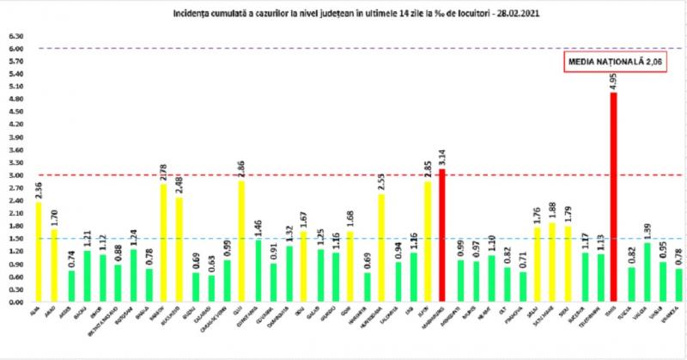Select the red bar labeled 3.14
pyautogui.click(x=442, y=235)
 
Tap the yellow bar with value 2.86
pyautogui.click(x=241, y=241)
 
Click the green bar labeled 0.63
pyautogui.click(x=210, y=289)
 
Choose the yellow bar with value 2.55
pyautogui.click(x=380, y=248)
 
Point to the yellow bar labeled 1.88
pyautogui.click(x=551, y=262)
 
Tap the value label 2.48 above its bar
pyautogui.click(x=179, y=183)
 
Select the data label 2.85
pyautogui.click(x=427, y=167)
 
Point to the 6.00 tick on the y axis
pyautogui.click(x=15, y=49)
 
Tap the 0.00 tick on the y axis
pyautogui.click(x=15, y=302)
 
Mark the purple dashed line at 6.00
pyautogui.click(x=343, y=48)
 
